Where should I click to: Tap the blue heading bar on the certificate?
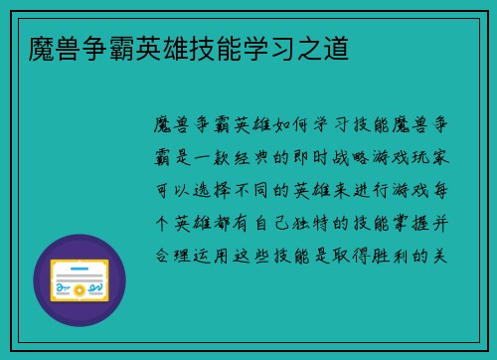click(80, 267)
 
